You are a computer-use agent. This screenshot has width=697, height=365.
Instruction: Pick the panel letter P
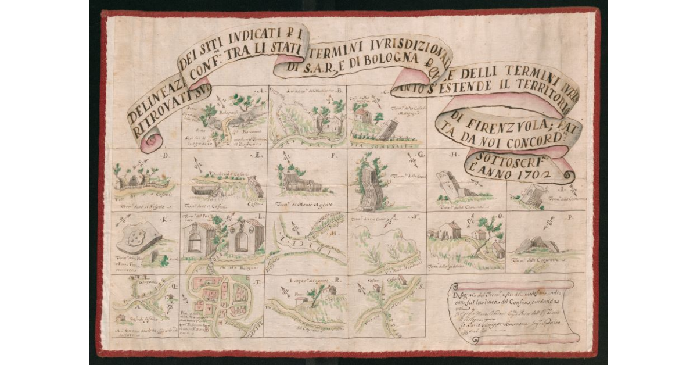pos(572,218)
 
